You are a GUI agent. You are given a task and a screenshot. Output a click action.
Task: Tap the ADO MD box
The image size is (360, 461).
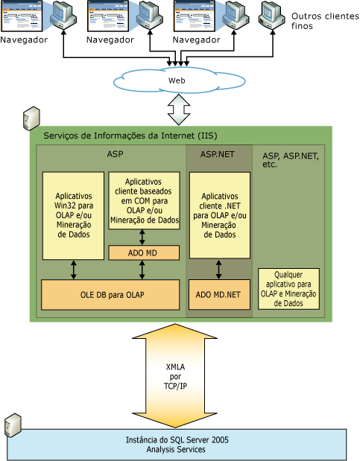(144, 253)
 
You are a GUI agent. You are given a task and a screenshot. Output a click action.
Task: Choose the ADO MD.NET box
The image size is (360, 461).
(218, 294)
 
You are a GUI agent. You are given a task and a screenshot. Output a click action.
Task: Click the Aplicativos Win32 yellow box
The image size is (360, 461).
(73, 215)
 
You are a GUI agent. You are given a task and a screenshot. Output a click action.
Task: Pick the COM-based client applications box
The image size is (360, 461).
(144, 201)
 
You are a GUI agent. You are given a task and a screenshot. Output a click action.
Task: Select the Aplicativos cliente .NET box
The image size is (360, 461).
(218, 215)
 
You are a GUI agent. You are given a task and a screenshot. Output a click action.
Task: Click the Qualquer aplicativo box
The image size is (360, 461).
(288, 289)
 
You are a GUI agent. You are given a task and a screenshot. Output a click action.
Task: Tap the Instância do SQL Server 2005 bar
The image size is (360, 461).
(177, 445)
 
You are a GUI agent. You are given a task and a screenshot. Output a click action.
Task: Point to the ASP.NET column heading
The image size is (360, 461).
(218, 154)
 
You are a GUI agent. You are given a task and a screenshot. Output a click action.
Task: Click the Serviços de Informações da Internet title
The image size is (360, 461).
(130, 136)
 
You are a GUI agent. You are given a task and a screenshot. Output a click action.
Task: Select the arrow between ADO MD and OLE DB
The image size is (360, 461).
(142, 270)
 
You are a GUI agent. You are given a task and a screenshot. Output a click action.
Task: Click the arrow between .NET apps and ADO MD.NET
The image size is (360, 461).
(218, 269)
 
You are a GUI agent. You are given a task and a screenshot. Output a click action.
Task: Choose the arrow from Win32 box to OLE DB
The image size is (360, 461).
(73, 270)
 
